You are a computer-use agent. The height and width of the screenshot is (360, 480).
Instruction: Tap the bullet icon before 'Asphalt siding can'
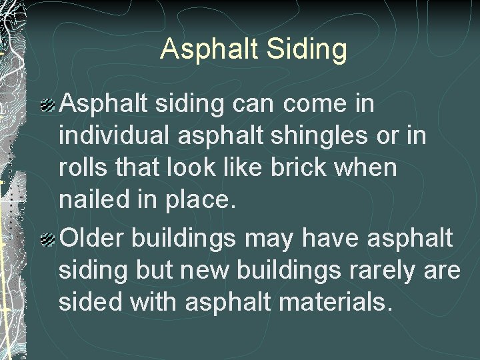click(x=48, y=105)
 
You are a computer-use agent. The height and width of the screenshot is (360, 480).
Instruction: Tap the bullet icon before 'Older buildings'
click(x=48, y=238)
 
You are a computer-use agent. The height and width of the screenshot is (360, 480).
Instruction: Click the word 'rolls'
click(x=79, y=169)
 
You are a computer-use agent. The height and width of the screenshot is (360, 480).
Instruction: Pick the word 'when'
click(x=368, y=169)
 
